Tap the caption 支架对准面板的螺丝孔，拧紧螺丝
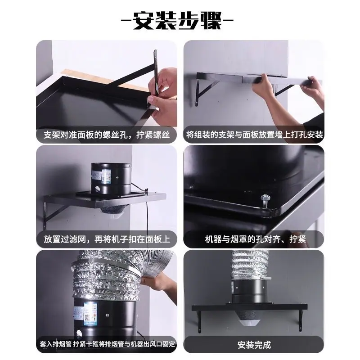coord(107,135)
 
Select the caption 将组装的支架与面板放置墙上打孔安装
coord(254,135)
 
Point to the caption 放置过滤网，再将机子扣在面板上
coord(107,239)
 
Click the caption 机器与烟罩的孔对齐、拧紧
coord(255,239)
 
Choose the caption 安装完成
coord(254,345)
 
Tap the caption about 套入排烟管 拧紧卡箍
coord(107,344)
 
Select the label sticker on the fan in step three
coord(106,176)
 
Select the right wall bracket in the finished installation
coord(301,320)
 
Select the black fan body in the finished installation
coord(249,292)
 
